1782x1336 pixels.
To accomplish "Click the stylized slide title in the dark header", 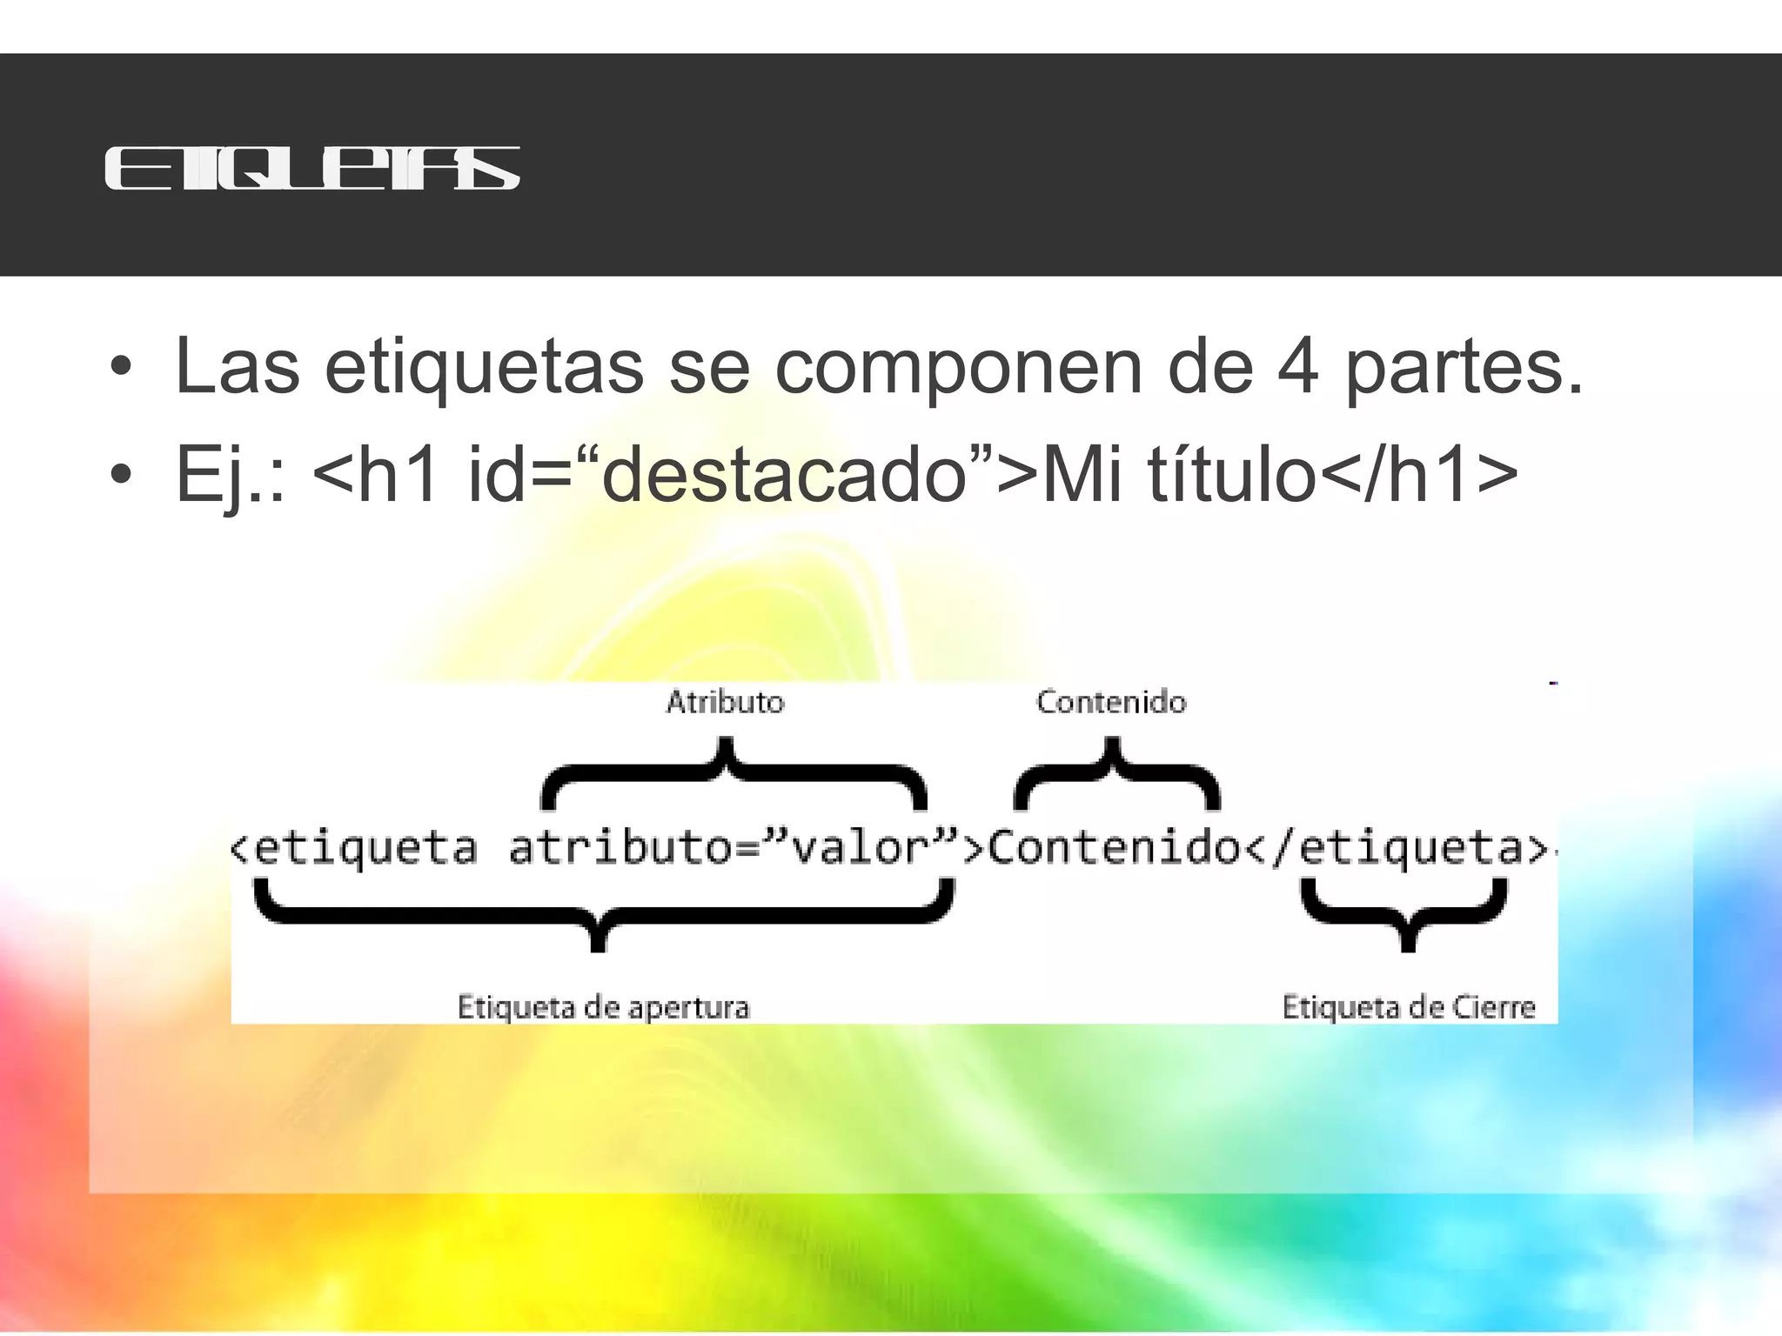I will [x=312, y=168].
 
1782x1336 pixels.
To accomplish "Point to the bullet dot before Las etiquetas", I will [x=121, y=366].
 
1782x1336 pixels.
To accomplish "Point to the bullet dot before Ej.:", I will [x=121, y=474].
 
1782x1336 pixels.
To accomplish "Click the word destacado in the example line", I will [x=783, y=474].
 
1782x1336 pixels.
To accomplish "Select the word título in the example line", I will [x=1231, y=474].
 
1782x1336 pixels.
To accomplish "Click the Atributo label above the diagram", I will [x=725, y=702].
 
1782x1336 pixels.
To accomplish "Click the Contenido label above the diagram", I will [x=1111, y=702].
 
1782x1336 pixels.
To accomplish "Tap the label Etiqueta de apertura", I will [x=603, y=1007].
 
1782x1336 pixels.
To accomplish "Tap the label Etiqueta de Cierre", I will [x=1409, y=1007].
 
